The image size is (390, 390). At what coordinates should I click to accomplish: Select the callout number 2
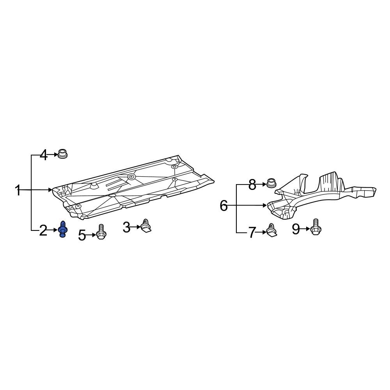[43, 231]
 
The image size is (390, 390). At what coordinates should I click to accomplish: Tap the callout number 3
[126, 227]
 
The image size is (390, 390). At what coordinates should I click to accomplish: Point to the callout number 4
[44, 156]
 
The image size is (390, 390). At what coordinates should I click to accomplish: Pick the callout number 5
[82, 235]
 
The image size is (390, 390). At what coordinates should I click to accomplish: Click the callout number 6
[223, 205]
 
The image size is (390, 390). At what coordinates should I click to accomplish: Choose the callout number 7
[252, 233]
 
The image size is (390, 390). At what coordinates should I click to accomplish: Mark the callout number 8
[252, 184]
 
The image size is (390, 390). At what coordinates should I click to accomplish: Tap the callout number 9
[296, 229]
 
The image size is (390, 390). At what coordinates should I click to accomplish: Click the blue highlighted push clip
[62, 229]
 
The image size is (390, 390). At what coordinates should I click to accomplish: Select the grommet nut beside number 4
[62, 154]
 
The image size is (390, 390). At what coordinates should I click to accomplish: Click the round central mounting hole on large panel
[131, 177]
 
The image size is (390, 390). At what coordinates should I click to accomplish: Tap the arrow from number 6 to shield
[253, 205]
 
